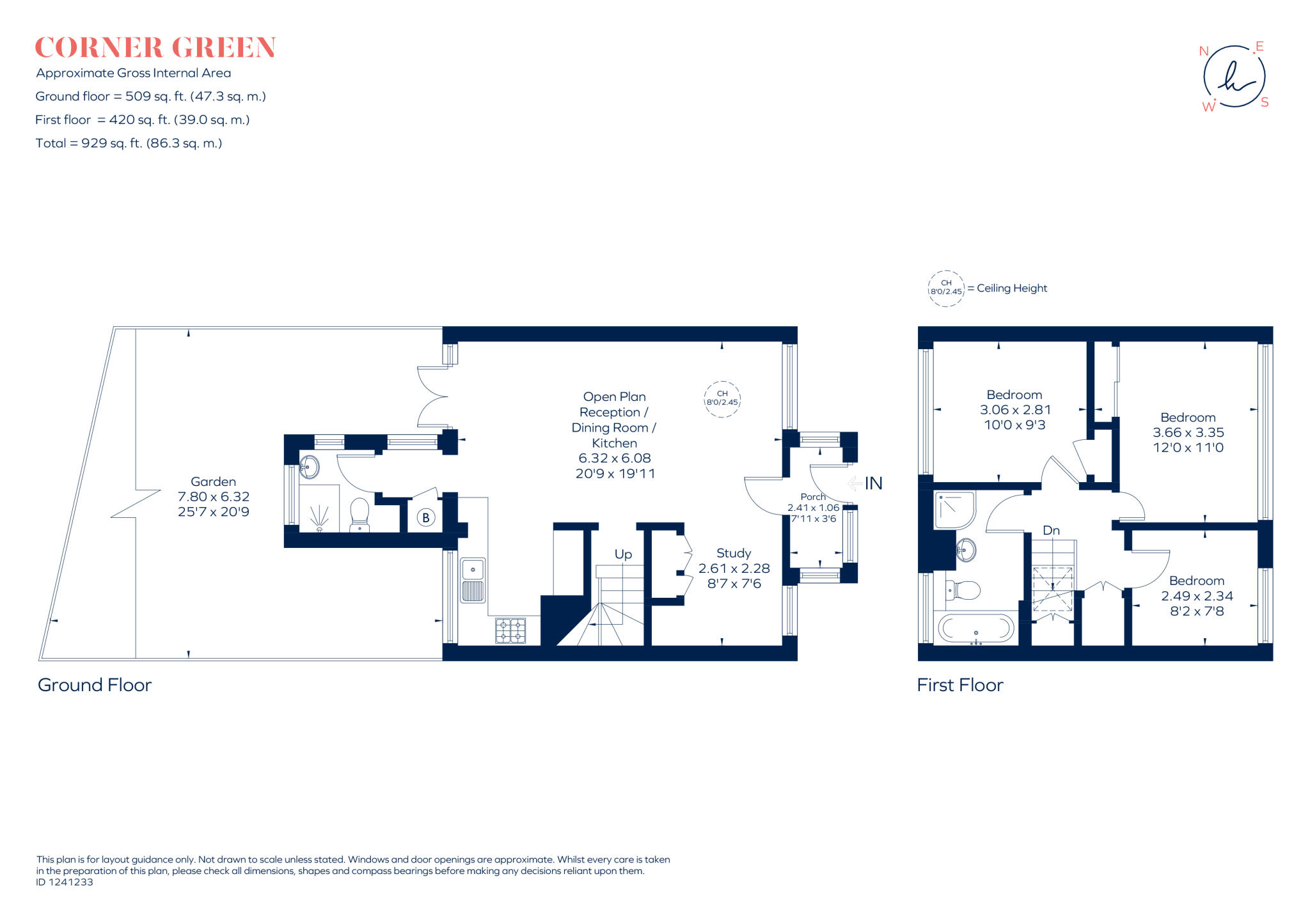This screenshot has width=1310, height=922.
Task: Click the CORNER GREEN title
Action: point(155,48)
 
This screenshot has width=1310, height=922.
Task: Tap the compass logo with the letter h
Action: point(1234,77)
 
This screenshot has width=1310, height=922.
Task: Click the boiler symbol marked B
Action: point(426,518)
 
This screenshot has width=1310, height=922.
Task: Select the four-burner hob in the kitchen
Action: point(510,630)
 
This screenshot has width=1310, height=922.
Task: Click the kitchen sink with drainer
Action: point(473,580)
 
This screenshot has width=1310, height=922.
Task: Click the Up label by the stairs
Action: point(623,554)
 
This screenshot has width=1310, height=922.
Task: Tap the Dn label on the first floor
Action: point(1051,531)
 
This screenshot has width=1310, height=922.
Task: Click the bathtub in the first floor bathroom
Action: point(975,629)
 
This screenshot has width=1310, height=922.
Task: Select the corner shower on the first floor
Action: point(954,510)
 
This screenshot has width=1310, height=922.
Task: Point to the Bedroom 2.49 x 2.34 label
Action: point(1197,595)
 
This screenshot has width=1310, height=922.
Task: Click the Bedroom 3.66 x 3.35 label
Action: point(1188,432)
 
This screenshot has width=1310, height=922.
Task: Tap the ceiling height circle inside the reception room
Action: point(722,399)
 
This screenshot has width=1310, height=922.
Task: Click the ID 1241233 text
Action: point(65,882)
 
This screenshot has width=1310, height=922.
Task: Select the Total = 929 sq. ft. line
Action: point(129,143)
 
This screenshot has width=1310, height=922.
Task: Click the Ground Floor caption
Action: point(95,685)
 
